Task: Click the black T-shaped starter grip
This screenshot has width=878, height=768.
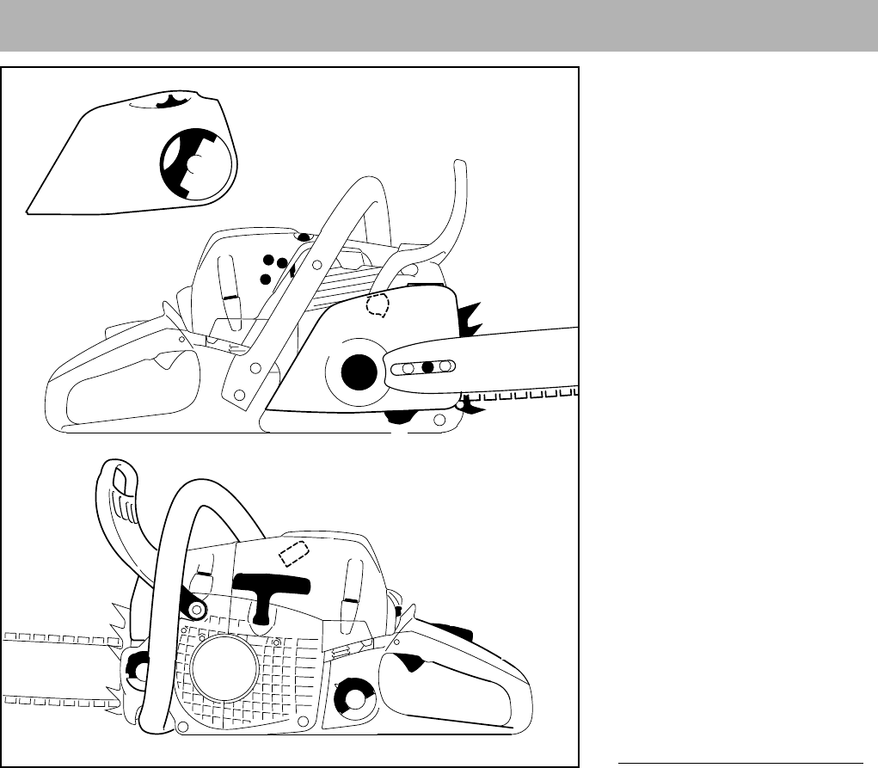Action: pos(273,588)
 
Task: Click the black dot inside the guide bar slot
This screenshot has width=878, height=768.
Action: pos(427,367)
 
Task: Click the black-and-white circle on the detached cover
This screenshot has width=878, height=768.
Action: pos(197,163)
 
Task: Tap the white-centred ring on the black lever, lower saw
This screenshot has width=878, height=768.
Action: pos(197,610)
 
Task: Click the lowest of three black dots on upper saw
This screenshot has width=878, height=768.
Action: pos(266,279)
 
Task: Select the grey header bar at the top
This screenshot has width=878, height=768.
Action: pos(439,26)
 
